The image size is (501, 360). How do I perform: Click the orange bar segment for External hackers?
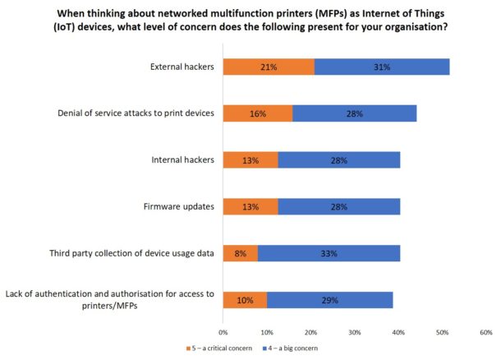point(269,67)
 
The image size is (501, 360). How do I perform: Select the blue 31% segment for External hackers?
point(382,67)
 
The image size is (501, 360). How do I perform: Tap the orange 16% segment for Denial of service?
point(258,113)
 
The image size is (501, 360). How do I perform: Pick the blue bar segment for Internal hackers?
point(339,160)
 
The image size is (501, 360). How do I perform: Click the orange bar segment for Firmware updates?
point(250,206)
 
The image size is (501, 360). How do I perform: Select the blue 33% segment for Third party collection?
point(329,253)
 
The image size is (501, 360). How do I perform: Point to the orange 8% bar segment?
point(240,253)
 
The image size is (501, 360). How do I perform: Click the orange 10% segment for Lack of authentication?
point(245,299)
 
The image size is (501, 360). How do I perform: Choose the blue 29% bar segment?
point(329,299)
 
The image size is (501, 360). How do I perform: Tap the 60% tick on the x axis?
point(485,332)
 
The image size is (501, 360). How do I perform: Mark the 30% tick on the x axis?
point(355,332)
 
